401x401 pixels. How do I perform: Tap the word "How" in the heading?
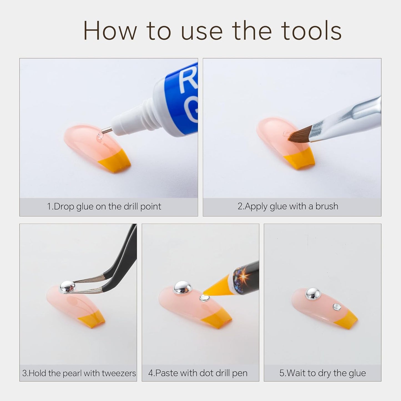coord(110,31)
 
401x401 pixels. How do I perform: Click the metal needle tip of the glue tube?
coord(107,131)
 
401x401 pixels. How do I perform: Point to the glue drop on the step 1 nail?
coord(100,136)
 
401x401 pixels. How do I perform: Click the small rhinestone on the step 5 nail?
coord(337,307)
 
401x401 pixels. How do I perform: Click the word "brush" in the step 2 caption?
coord(327,206)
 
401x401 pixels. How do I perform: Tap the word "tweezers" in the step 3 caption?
coord(119,373)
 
